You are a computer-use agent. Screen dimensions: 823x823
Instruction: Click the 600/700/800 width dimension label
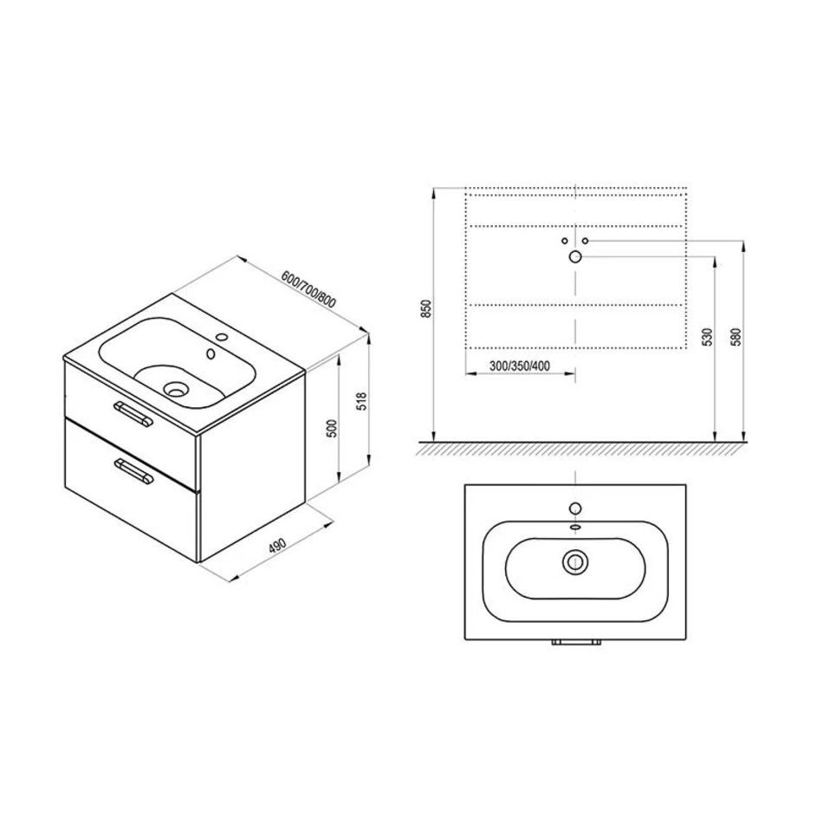point(308,289)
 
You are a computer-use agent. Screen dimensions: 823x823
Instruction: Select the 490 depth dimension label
point(277,545)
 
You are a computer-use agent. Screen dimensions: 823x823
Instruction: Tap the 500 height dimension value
point(332,429)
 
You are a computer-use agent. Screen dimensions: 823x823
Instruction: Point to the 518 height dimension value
point(361,401)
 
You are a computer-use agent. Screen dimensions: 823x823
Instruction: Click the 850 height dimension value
point(427,308)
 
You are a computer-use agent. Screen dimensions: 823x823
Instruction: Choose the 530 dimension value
point(708,337)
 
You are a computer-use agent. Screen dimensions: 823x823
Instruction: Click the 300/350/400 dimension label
point(520,366)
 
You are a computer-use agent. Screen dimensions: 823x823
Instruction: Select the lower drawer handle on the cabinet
point(133,470)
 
